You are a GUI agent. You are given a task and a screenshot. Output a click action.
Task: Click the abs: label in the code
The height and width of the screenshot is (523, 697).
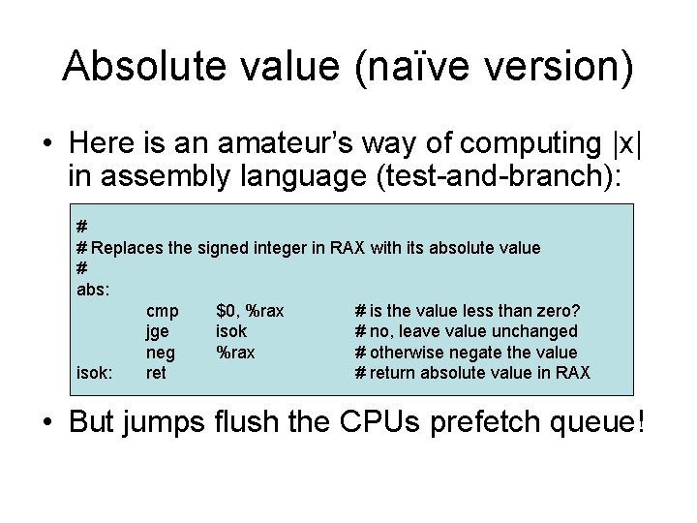(93, 289)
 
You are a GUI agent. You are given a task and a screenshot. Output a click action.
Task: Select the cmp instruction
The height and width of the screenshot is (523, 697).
(162, 310)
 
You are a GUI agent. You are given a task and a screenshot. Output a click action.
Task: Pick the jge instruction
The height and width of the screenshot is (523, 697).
(158, 331)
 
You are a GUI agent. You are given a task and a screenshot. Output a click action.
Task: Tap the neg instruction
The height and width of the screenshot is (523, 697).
(160, 353)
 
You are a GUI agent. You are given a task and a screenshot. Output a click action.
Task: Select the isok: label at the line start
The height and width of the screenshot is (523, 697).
(95, 373)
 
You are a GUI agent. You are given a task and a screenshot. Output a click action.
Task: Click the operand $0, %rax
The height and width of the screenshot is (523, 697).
(250, 310)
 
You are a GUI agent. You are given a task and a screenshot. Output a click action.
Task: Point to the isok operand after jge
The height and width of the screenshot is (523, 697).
(231, 331)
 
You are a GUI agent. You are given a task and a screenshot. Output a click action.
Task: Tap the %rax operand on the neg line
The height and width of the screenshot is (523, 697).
(235, 353)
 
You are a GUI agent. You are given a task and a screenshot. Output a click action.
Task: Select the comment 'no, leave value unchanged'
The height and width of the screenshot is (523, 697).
(472, 331)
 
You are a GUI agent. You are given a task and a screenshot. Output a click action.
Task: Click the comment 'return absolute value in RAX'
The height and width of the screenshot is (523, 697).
(479, 373)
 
